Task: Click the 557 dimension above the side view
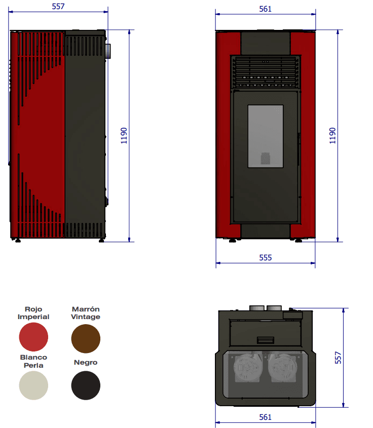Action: (58, 6)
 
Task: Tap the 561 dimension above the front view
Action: (265, 9)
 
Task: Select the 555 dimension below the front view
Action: (265, 258)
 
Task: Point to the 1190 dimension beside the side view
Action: (124, 136)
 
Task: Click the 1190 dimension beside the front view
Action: (332, 136)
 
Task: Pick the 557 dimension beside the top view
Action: (338, 358)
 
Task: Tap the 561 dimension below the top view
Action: (265, 417)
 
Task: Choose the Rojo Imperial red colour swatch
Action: (33, 337)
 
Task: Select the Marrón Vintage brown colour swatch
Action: (86, 338)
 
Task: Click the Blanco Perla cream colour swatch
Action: (33, 385)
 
